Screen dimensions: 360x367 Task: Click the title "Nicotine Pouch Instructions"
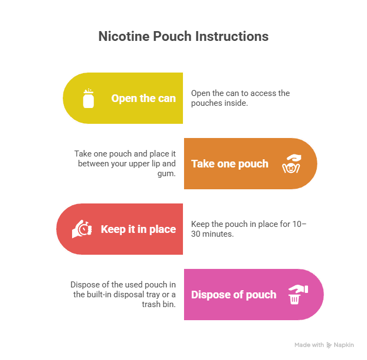click(183, 37)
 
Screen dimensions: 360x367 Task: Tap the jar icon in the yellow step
click(88, 99)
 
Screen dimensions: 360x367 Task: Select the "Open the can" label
click(143, 99)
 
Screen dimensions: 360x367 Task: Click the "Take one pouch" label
click(229, 164)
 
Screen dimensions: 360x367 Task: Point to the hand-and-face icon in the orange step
click(291, 164)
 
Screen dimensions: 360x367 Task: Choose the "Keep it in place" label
click(138, 229)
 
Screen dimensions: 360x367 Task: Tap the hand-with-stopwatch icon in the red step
click(81, 229)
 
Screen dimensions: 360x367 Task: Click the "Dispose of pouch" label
click(233, 295)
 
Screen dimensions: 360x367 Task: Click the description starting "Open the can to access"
click(240, 98)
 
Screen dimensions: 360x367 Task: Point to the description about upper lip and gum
click(126, 164)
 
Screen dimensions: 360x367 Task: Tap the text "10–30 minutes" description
click(248, 229)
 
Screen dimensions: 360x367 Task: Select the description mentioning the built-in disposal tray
click(123, 295)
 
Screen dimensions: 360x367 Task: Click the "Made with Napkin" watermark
click(324, 345)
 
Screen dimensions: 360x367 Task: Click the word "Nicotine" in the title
click(121, 37)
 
